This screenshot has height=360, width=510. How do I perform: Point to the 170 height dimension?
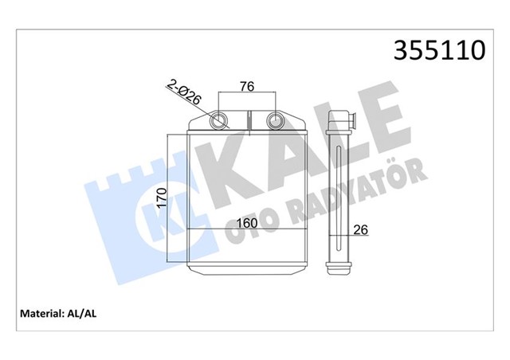(x=162, y=196)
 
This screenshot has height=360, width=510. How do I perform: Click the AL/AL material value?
(x=84, y=313)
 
